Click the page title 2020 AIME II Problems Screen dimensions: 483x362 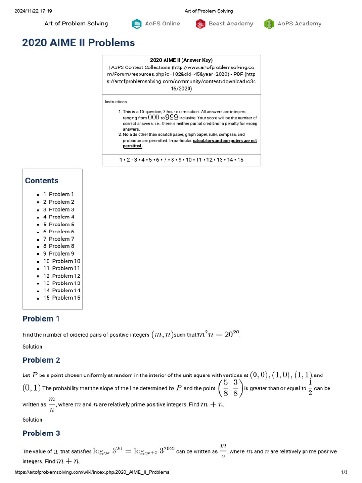[78, 43]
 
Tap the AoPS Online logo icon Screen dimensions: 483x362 [137, 24]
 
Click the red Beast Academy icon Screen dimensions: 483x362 [200, 24]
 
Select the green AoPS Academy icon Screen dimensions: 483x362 [269, 24]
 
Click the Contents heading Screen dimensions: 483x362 [42, 181]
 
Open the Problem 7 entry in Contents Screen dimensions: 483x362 [58, 239]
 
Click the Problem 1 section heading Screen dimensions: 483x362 [41, 319]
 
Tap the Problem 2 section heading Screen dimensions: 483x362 [41, 360]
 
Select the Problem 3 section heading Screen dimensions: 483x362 [41, 433]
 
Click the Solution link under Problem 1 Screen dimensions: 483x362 [32, 347]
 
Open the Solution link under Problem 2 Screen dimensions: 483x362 [32, 420]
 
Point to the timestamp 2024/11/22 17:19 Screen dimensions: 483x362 [33, 11]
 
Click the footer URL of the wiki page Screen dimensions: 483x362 [92, 472]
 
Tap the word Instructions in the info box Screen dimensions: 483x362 [115, 102]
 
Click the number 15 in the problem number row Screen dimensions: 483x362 [240, 160]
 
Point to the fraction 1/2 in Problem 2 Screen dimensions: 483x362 [310, 388]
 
